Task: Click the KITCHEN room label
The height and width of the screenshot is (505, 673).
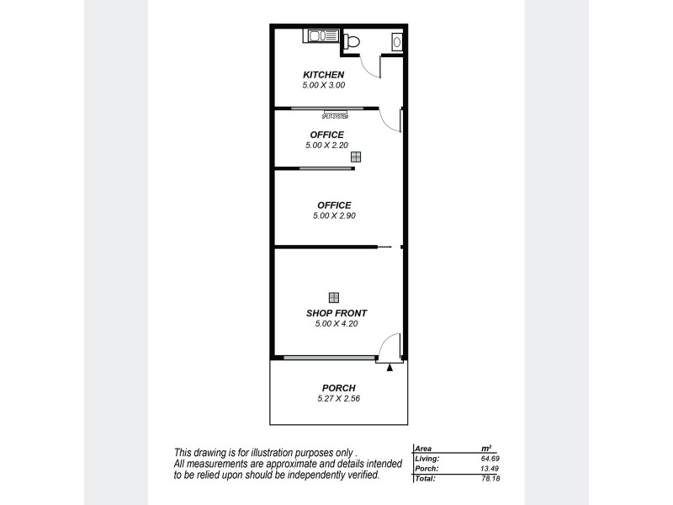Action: point(324,75)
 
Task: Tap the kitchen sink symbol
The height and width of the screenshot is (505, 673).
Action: point(321,36)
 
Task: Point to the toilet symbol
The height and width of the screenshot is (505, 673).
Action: point(351,41)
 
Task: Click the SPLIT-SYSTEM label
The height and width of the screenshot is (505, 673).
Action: point(335,116)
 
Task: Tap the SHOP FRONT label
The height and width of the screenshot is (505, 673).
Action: point(336,312)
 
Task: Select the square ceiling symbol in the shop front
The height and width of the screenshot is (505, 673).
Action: point(334,296)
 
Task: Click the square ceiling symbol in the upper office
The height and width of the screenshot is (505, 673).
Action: point(357,157)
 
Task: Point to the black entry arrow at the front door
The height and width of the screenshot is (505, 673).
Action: point(389,367)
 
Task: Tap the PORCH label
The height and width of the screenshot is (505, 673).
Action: point(339,388)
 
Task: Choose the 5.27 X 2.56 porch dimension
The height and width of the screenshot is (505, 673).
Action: point(339,399)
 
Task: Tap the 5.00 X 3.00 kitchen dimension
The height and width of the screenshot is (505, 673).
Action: point(324,85)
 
